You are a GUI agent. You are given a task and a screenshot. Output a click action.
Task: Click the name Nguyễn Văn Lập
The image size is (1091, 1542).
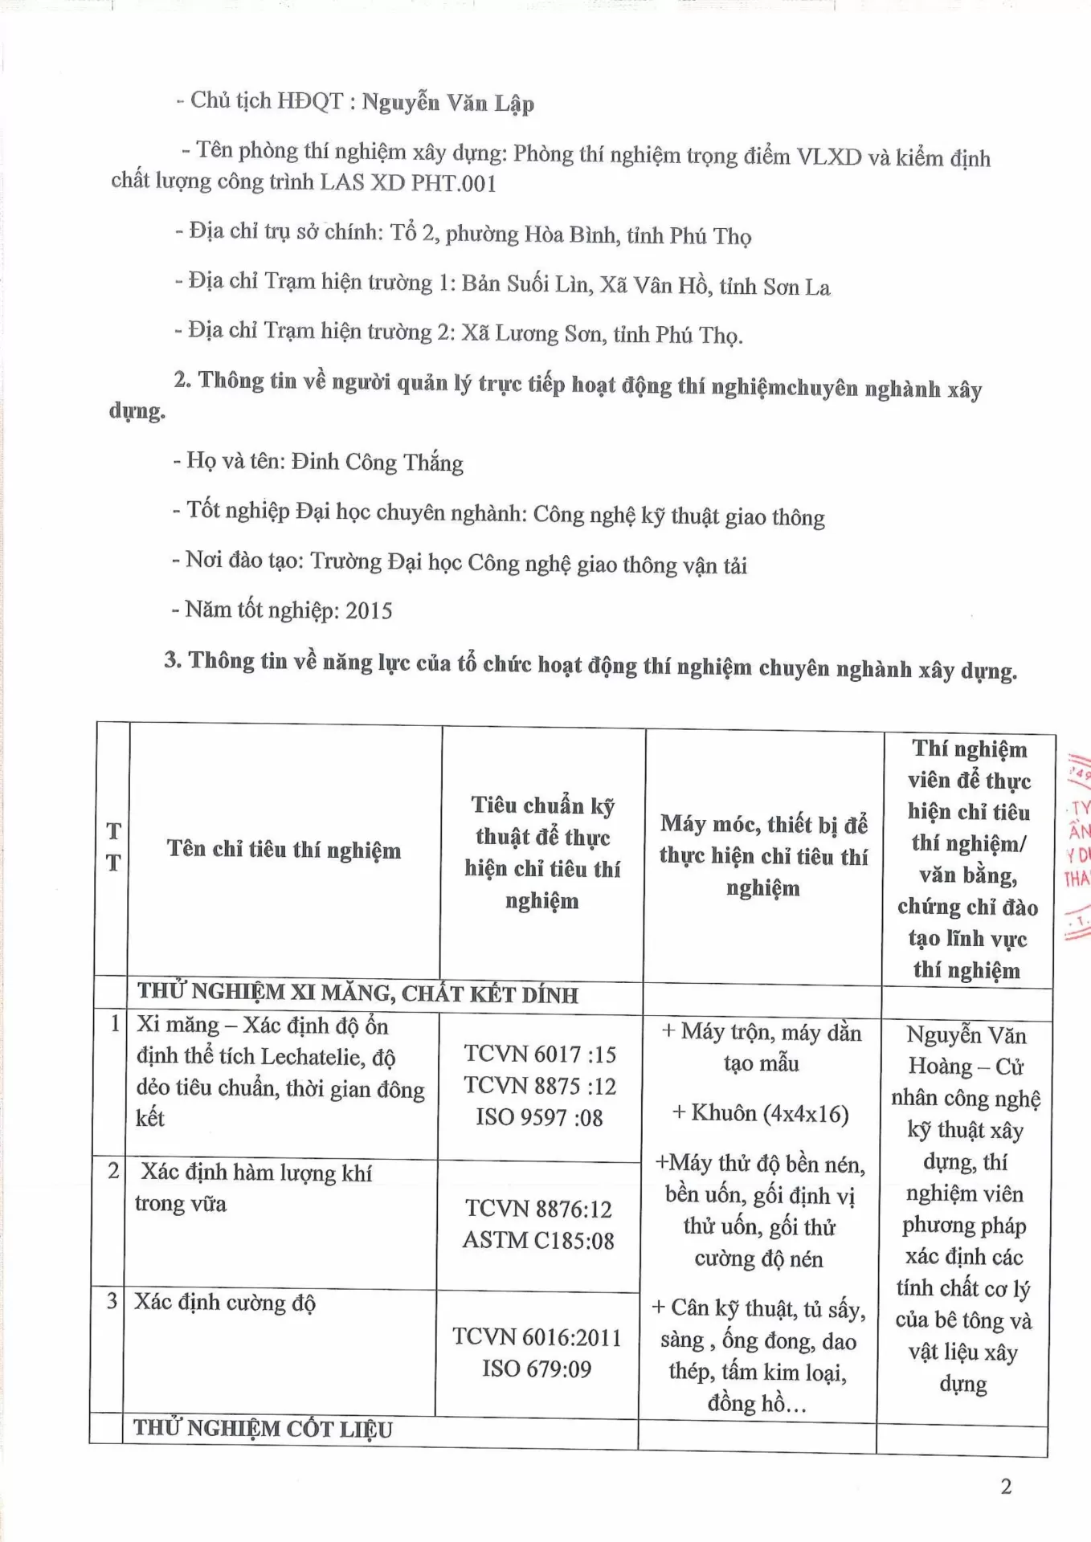pyautogui.click(x=447, y=103)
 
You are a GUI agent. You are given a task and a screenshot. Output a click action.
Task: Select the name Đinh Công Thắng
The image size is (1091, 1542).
pyautogui.click(x=377, y=463)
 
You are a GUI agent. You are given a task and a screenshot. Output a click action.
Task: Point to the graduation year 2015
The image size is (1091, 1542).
pyautogui.click(x=369, y=610)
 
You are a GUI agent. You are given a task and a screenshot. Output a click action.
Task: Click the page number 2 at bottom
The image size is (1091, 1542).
pyautogui.click(x=1006, y=1487)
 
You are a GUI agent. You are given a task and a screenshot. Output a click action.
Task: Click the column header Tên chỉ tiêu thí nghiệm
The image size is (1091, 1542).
pyautogui.click(x=284, y=849)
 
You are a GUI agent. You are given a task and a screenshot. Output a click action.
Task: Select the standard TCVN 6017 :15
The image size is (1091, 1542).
pyautogui.click(x=540, y=1054)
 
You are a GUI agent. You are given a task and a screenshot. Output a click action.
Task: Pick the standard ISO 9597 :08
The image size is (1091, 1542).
pyautogui.click(x=539, y=1117)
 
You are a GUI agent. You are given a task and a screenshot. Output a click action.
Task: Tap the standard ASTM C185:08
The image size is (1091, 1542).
pyautogui.click(x=538, y=1240)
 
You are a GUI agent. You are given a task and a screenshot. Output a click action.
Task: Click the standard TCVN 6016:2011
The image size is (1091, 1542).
pyautogui.click(x=537, y=1336)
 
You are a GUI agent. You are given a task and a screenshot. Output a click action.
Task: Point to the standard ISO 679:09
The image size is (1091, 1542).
pyautogui.click(x=537, y=1369)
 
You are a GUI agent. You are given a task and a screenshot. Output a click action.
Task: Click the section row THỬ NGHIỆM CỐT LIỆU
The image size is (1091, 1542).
pyautogui.click(x=263, y=1429)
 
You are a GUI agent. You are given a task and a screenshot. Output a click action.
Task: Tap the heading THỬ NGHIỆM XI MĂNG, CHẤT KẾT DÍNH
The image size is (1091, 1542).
pyautogui.click(x=358, y=993)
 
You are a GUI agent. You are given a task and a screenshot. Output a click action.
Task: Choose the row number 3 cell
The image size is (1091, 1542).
pyautogui.click(x=112, y=1301)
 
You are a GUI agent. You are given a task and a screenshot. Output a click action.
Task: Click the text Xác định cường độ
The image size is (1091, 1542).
pyautogui.click(x=224, y=1302)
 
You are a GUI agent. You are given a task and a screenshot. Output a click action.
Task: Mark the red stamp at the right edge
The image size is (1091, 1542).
pyautogui.click(x=1077, y=843)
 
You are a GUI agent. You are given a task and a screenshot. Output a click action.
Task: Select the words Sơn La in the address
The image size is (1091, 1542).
pyautogui.click(x=796, y=287)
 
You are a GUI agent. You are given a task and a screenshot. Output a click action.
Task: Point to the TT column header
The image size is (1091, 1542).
pyautogui.click(x=113, y=846)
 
